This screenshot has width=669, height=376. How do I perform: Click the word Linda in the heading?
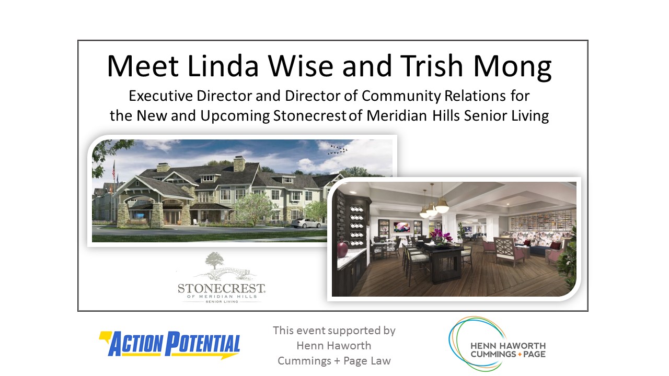(x=223, y=66)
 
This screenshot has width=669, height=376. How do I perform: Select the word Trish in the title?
(x=432, y=66)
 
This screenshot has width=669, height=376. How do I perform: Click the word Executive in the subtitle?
(x=160, y=96)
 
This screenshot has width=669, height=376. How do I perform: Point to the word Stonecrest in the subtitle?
(x=310, y=116)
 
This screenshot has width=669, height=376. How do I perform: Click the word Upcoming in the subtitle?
(x=235, y=116)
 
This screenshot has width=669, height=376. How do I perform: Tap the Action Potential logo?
(x=170, y=344)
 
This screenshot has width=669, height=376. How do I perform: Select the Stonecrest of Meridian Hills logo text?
(x=221, y=293)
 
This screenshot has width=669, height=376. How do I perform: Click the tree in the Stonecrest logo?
(x=214, y=260)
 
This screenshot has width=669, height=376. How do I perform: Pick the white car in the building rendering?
(x=306, y=223)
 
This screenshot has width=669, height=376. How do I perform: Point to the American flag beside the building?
(x=113, y=170)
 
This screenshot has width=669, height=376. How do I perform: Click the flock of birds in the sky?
(x=338, y=149)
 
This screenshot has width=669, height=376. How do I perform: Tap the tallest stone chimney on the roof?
(x=239, y=164)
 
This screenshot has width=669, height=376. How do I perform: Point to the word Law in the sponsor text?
(x=381, y=361)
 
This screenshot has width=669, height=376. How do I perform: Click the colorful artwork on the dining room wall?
(x=402, y=227)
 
